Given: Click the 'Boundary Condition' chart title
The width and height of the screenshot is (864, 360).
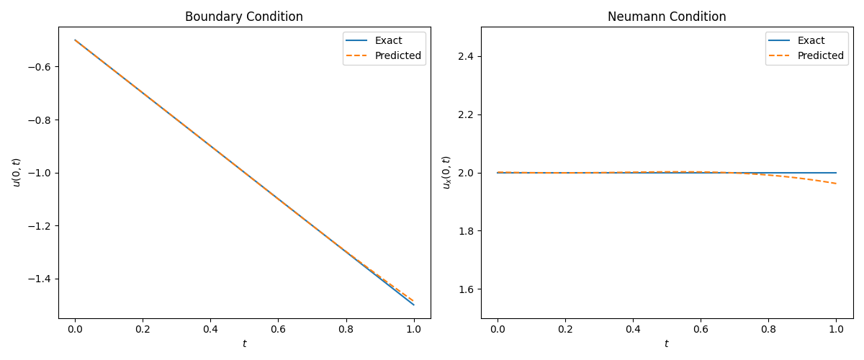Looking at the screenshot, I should pyautogui.click(x=244, y=17).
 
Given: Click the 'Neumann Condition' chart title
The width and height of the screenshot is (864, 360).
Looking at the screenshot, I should pyautogui.click(x=667, y=17).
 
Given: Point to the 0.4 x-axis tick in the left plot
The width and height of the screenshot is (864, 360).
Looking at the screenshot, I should pyautogui.click(x=210, y=329).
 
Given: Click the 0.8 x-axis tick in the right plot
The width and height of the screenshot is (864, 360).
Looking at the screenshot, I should pyautogui.click(x=768, y=329).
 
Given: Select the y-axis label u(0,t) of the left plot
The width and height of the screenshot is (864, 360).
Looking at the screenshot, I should pyautogui.click(x=16, y=173).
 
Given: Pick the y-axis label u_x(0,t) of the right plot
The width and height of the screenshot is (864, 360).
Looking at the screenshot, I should pyautogui.click(x=446, y=173).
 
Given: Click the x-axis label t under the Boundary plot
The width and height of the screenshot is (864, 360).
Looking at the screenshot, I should pyautogui.click(x=244, y=344).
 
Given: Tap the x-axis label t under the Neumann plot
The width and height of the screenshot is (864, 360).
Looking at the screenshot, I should pyautogui.click(x=667, y=344).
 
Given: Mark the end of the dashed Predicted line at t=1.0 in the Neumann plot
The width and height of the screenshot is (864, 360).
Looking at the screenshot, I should pyautogui.click(x=836, y=184).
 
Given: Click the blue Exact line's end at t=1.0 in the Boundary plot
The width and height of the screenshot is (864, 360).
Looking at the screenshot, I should pyautogui.click(x=414, y=305).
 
